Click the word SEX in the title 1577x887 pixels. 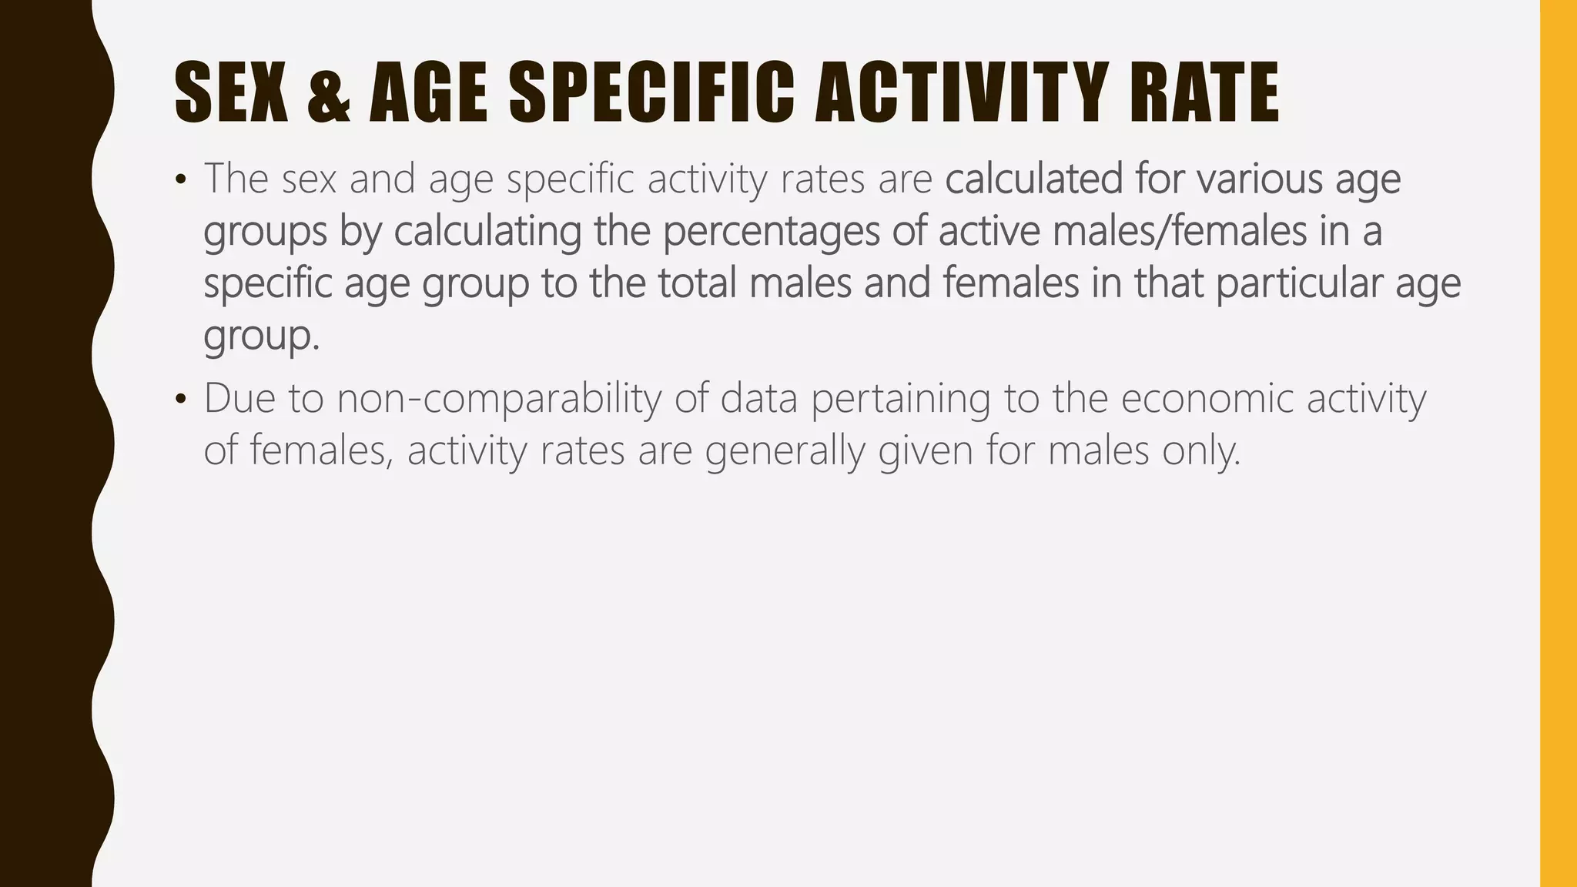coord(232,94)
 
